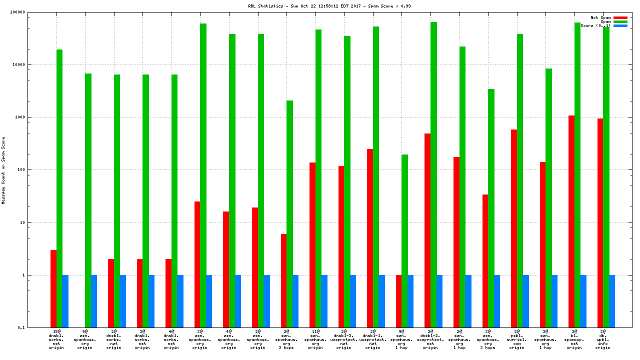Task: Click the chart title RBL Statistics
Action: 329,6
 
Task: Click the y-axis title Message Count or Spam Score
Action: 3,170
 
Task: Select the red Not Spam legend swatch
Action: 620,17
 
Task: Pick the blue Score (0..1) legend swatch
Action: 620,25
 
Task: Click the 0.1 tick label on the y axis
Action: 35,327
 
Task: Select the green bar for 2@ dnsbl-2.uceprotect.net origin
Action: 433,174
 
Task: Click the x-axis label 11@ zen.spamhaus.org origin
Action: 315,339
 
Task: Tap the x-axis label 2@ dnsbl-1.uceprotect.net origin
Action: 373,339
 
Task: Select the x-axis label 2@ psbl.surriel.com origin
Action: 517,339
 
